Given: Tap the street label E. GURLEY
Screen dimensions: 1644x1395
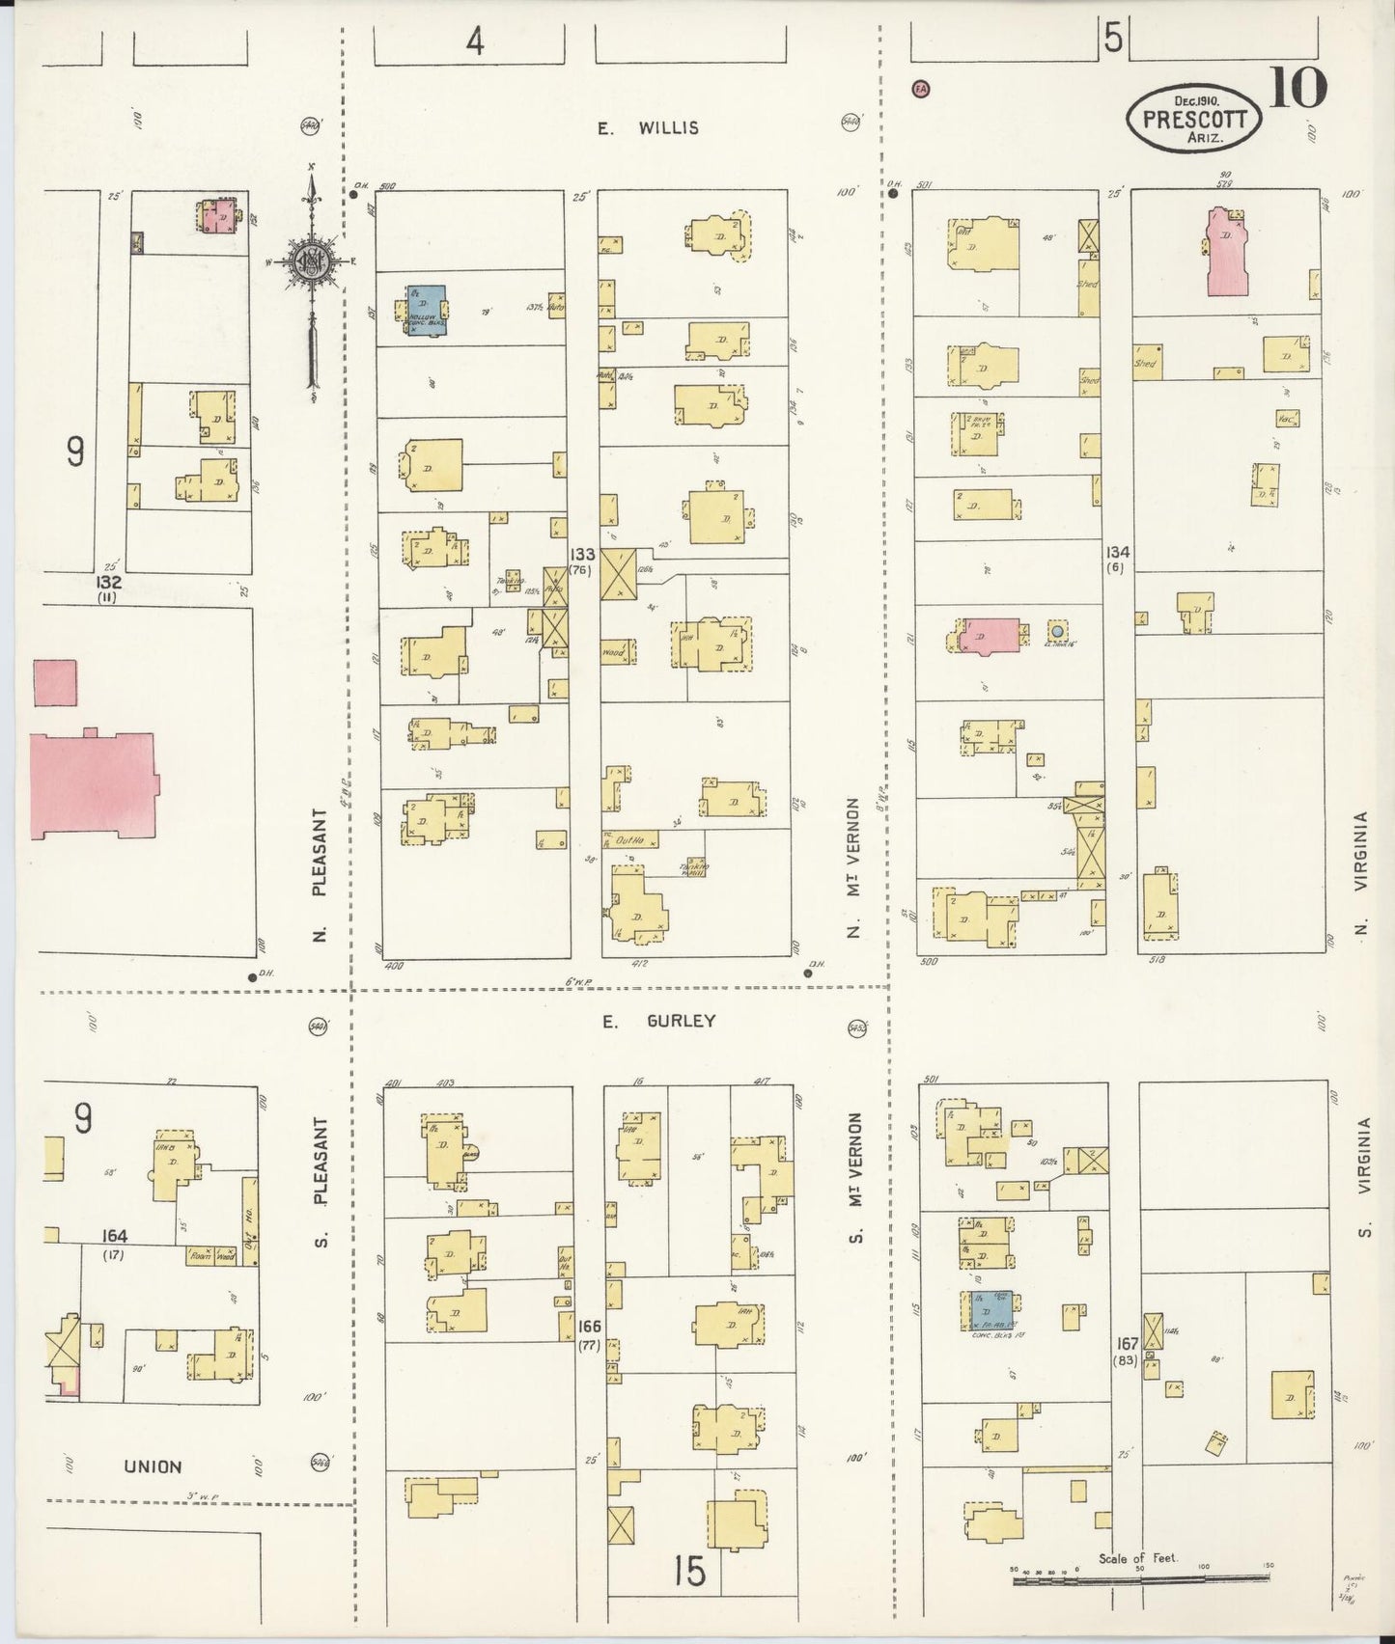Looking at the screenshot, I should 659,1021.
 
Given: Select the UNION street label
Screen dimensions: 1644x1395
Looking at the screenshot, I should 153,1467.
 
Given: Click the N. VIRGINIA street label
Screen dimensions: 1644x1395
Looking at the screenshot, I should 1362,874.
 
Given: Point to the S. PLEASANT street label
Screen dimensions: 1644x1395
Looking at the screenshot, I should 321,1181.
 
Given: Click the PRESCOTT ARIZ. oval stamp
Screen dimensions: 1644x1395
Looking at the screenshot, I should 1194,120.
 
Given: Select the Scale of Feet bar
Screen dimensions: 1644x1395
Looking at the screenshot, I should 1142,1578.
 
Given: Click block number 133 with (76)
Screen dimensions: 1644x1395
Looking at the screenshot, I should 582,562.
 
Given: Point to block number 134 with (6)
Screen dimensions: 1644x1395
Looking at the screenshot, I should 1118,560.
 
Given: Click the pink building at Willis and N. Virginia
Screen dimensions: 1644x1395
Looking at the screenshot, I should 1227,253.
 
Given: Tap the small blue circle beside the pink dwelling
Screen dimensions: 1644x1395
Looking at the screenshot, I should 1058,632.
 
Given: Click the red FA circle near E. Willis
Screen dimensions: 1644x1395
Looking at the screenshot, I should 920,89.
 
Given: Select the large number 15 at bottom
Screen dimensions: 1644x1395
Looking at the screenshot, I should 690,1572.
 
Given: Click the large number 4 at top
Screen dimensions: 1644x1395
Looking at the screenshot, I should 474,42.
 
